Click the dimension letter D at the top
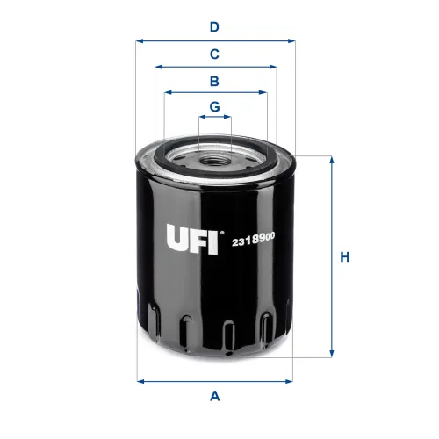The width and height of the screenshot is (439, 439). click(214, 26)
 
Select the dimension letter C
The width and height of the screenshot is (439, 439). click(214, 54)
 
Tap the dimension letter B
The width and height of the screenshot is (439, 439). click(214, 82)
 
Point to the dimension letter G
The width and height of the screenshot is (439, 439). click(214, 106)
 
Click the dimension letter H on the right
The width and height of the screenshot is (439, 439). click(345, 257)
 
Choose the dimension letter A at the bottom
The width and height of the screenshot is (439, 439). click(214, 396)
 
